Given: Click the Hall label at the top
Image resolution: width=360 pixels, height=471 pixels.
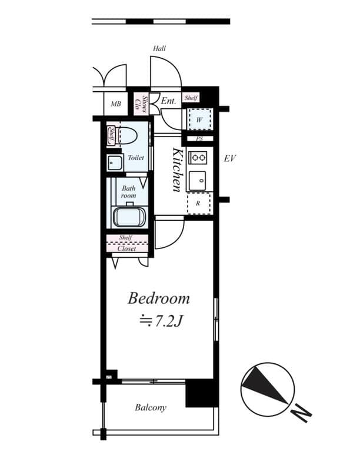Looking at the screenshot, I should pyautogui.click(x=159, y=48).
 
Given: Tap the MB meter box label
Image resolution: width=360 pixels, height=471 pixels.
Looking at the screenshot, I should pyautogui.click(x=116, y=105).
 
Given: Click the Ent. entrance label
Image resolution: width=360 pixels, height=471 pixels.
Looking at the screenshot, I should pyautogui.click(x=169, y=101).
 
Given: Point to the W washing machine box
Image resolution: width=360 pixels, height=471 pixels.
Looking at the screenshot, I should pyautogui.click(x=199, y=120).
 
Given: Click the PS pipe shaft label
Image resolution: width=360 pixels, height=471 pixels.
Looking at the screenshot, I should pyautogui.click(x=199, y=140).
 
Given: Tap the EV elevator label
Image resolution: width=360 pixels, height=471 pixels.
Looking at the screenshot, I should pyautogui.click(x=230, y=158).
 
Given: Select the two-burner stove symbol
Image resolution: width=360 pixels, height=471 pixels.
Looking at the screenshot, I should pyautogui.click(x=198, y=157).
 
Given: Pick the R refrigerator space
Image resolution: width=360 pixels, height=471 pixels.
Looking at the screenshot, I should pyautogui.click(x=199, y=204).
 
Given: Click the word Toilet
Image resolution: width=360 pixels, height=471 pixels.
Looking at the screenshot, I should pyautogui.click(x=136, y=158).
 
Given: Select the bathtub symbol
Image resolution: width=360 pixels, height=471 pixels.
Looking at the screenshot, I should pyautogui.click(x=129, y=217).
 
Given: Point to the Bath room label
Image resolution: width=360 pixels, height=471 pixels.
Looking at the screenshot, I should pyautogui.click(x=129, y=191).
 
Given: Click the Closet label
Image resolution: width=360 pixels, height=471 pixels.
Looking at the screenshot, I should pyautogui.click(x=126, y=248).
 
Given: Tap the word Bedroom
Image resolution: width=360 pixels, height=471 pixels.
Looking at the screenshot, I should pyautogui.click(x=159, y=298).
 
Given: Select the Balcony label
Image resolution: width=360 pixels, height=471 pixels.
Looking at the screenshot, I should pyautogui.click(x=151, y=407).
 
